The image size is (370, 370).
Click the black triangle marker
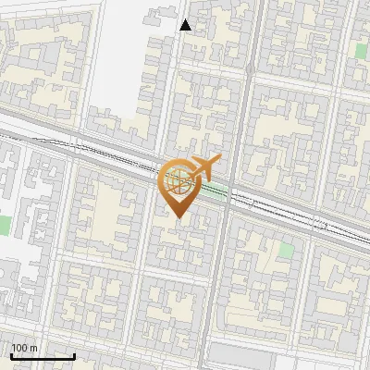point(186,25)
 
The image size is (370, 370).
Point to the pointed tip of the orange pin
point(179,217)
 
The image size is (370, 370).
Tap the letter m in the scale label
point(34,348)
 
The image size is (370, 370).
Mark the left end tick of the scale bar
point(11,355)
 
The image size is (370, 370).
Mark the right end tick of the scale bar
point(74,355)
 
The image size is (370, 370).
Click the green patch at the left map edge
point(4,225)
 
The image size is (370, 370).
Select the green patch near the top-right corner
point(361,49)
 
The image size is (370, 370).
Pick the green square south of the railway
point(286,249)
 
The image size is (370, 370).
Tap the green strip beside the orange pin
point(216,192)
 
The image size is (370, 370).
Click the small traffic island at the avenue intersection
point(250,68)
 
